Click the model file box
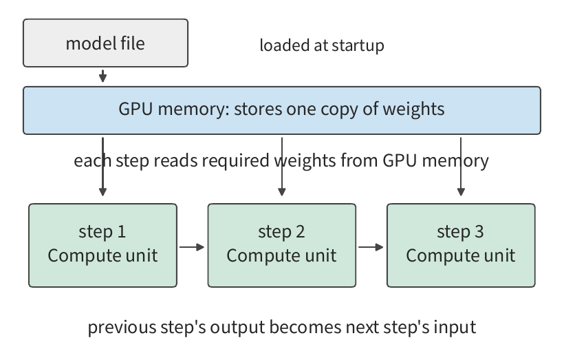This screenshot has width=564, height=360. [105, 43]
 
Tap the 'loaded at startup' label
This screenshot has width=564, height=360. [322, 45]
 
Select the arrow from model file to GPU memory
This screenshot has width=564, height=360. [103, 76]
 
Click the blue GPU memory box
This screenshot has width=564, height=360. [282, 110]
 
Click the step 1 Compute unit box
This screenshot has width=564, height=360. [103, 246]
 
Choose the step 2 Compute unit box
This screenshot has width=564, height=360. [282, 246]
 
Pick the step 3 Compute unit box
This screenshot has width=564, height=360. [461, 246]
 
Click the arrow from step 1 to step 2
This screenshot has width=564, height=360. [192, 247]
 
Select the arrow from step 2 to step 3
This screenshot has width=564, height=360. [371, 247]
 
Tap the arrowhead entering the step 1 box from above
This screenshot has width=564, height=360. [103, 192]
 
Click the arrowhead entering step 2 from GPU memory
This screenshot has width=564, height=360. [282, 192]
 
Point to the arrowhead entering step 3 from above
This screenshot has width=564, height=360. [461, 192]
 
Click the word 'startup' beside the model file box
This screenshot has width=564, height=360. [358, 45]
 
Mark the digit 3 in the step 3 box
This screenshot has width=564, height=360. [479, 231]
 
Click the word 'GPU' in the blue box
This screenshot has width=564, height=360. [135, 109]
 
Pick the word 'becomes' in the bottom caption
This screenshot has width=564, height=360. [305, 327]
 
